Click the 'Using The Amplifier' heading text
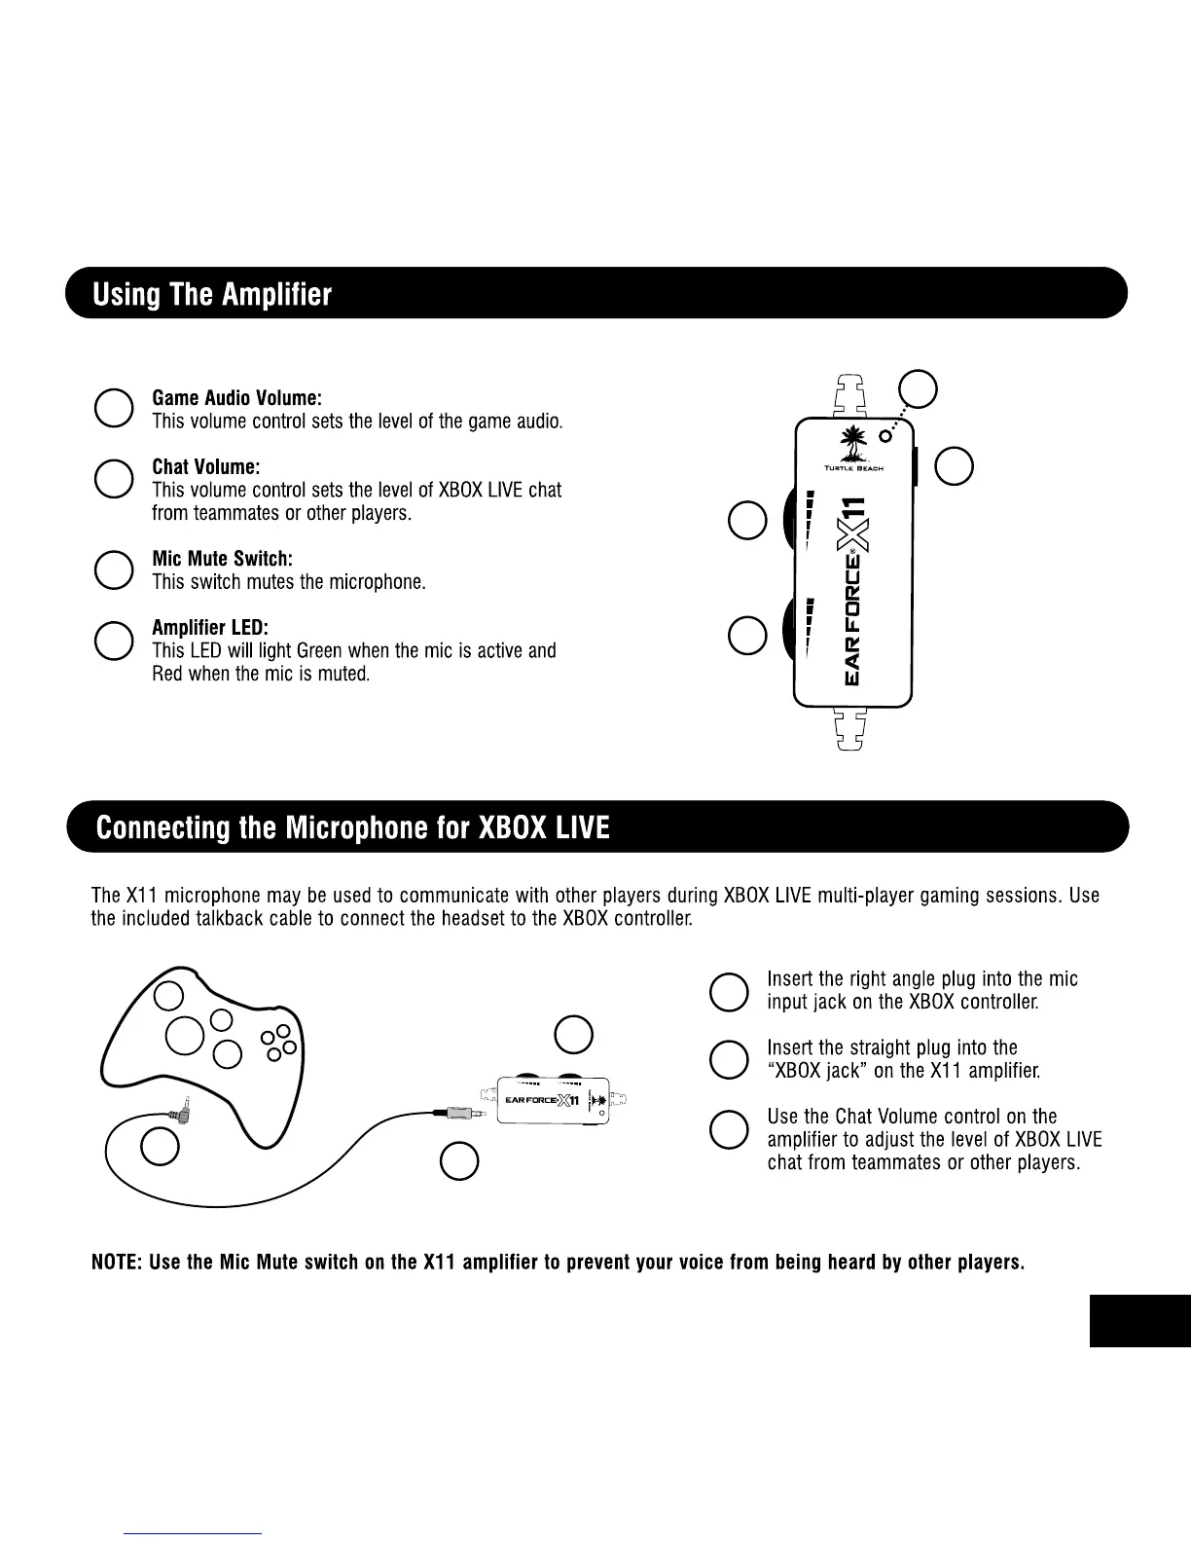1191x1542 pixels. pos(212,295)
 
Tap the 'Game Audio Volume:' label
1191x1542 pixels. pos(236,398)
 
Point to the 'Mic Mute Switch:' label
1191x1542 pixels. pos(222,559)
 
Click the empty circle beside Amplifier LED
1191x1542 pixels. pos(114,640)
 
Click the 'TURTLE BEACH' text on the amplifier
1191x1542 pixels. pos(853,469)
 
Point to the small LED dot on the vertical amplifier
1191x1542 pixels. pos(886,434)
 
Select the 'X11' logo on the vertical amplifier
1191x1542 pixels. pos(854,521)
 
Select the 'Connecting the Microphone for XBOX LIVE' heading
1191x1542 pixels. pos(353,828)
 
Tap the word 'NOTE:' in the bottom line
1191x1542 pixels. pos(117,1263)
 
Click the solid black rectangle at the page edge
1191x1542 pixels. pos(1139,1321)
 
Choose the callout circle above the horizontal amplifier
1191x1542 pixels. pos(573,1034)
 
